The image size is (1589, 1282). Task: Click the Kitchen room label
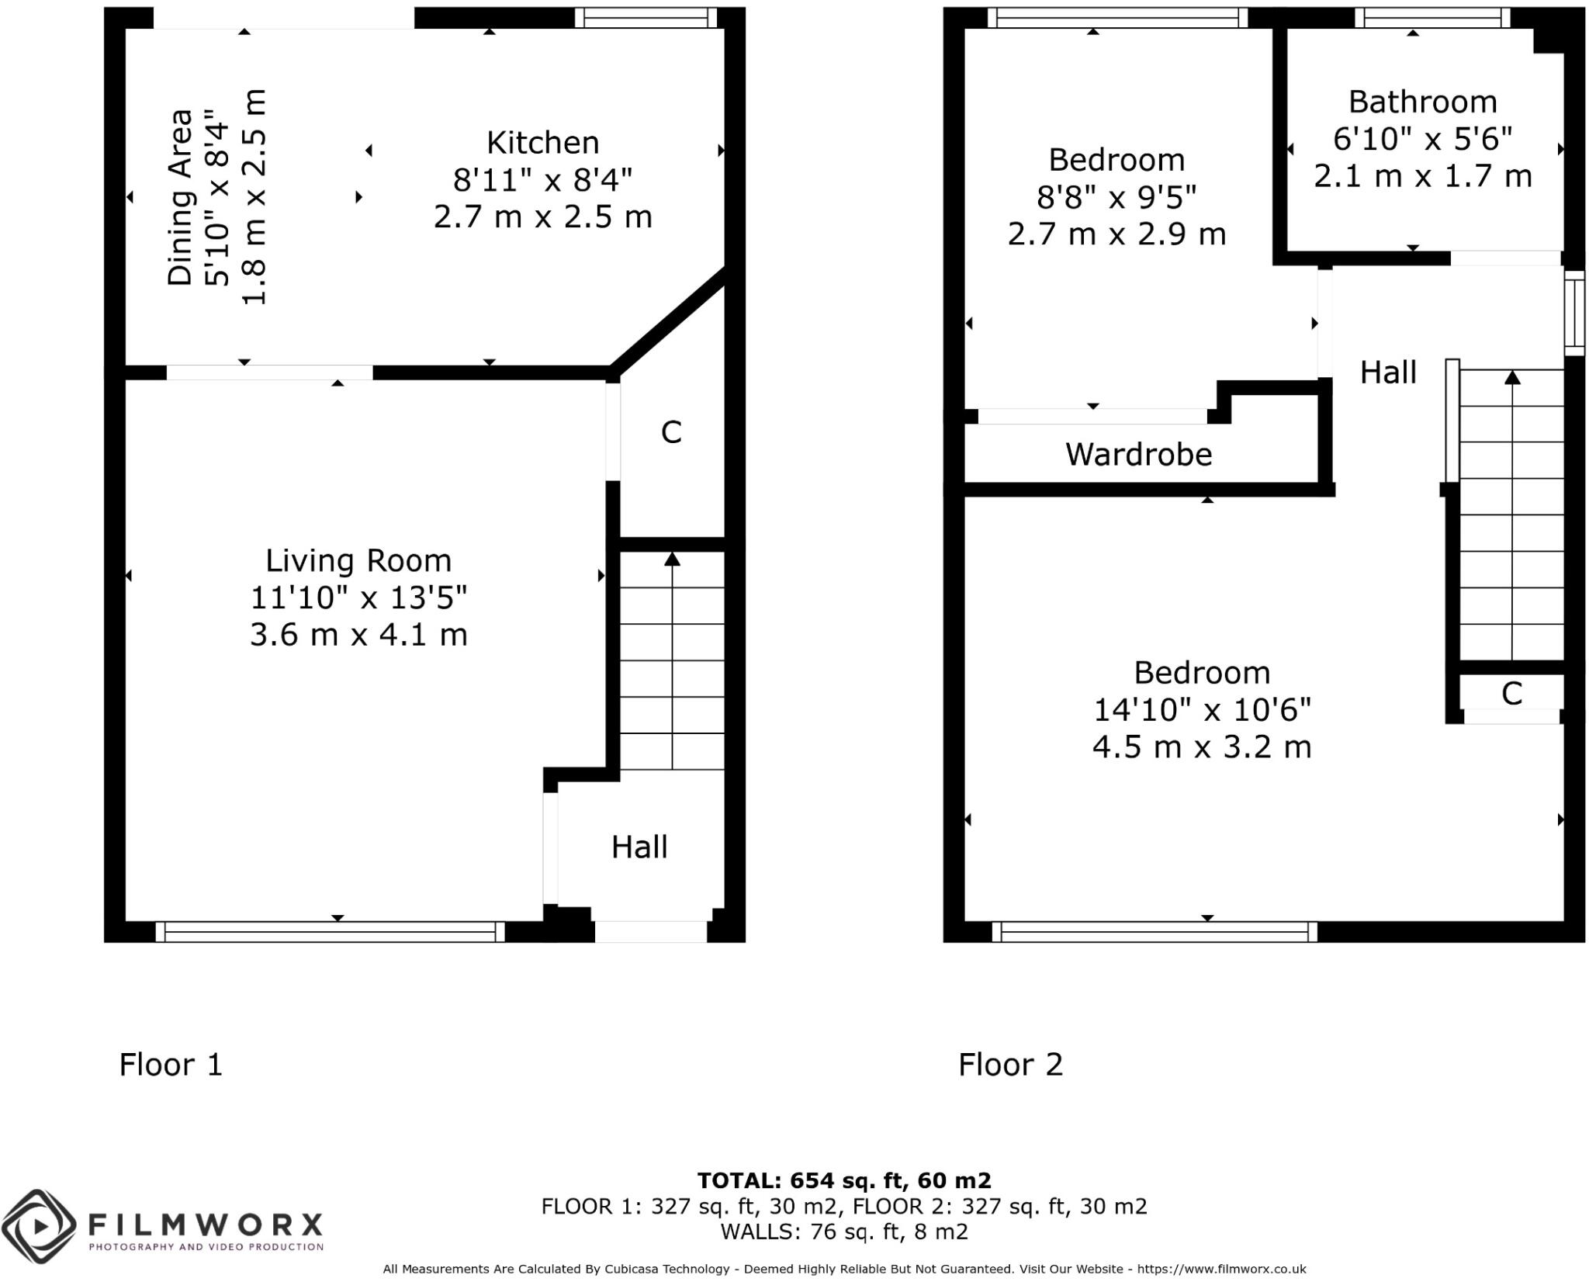pyautogui.click(x=542, y=143)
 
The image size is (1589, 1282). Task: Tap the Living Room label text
pyautogui.click(x=358, y=560)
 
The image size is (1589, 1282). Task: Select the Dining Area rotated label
pyautogui.click(x=180, y=197)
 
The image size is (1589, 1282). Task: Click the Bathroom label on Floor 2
pyautogui.click(x=1422, y=102)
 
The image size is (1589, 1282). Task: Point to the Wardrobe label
pyautogui.click(x=1138, y=454)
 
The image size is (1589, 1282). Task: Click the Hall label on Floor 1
pyautogui.click(x=639, y=847)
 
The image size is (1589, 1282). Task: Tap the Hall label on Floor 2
pyautogui.click(x=1388, y=372)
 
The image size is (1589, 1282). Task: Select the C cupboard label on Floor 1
pyautogui.click(x=671, y=432)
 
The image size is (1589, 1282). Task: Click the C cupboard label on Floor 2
pyautogui.click(x=1511, y=693)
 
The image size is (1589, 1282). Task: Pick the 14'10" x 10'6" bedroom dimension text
pyautogui.click(x=1202, y=709)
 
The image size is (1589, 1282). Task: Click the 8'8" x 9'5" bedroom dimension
pyautogui.click(x=1116, y=197)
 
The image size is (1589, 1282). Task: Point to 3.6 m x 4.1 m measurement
pyautogui.click(x=358, y=635)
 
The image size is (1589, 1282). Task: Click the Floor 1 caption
pyautogui.click(x=171, y=1064)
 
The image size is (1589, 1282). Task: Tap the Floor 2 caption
pyautogui.click(x=1010, y=1064)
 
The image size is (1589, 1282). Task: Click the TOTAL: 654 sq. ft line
pyautogui.click(x=843, y=1180)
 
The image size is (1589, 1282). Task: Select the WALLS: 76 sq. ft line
pyautogui.click(x=843, y=1232)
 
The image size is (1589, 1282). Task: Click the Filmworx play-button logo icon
pyautogui.click(x=39, y=1226)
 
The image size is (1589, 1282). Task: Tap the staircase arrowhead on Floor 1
pyautogui.click(x=672, y=559)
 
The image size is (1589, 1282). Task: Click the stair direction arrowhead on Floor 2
pyautogui.click(x=1512, y=377)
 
